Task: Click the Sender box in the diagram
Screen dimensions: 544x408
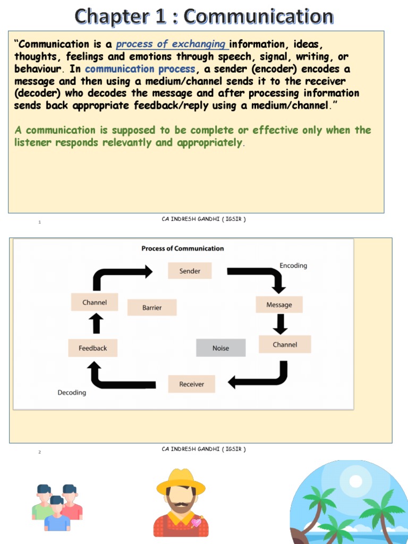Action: [x=190, y=271]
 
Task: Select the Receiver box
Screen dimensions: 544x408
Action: [x=191, y=384]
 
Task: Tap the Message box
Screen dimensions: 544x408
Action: [x=279, y=305]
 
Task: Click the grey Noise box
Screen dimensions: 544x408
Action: [x=220, y=348]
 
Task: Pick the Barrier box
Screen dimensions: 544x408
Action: [x=152, y=308]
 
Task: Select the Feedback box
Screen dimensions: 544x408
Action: [x=92, y=348]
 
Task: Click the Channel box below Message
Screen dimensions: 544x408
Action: [x=285, y=345]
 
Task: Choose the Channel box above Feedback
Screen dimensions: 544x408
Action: [x=95, y=302]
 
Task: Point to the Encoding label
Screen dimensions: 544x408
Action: [x=293, y=266]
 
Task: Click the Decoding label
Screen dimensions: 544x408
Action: [x=72, y=393]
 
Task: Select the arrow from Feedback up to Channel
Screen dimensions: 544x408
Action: [x=96, y=323]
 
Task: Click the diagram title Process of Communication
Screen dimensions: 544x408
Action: [x=182, y=248]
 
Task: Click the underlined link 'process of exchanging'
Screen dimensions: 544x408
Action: [x=171, y=45]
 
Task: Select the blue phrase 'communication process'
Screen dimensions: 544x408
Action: [x=140, y=69]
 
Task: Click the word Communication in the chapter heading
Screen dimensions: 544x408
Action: [x=259, y=17]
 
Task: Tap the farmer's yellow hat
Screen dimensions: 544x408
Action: [x=181, y=481]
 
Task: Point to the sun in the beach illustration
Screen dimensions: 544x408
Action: [x=355, y=481]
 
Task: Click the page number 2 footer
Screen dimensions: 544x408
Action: [x=39, y=452]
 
